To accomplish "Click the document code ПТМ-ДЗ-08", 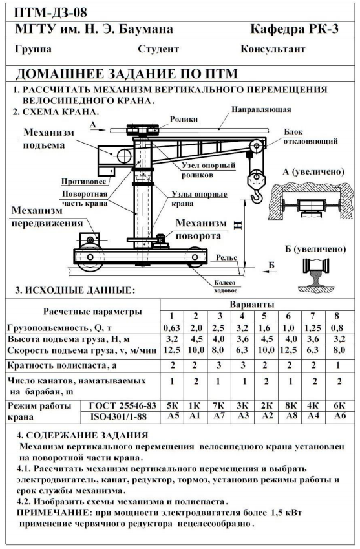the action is (51, 13).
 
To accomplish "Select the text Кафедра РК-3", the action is (295, 28).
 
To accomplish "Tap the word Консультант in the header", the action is (273, 48).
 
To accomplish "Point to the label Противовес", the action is (83, 181).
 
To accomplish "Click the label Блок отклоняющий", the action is (311, 136).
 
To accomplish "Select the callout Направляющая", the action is (261, 109).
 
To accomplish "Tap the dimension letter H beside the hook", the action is (238, 224).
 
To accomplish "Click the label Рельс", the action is (226, 258).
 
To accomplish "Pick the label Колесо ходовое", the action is (226, 286).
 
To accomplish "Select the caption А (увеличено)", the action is (313, 172).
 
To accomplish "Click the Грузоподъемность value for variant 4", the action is (242, 328).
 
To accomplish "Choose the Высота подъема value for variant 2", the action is (196, 339).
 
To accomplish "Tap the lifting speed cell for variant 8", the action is (337, 350).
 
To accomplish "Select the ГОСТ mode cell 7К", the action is (219, 405).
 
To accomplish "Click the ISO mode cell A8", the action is (290, 416).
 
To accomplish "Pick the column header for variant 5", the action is (264, 316).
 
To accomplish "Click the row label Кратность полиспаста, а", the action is (62, 365).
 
